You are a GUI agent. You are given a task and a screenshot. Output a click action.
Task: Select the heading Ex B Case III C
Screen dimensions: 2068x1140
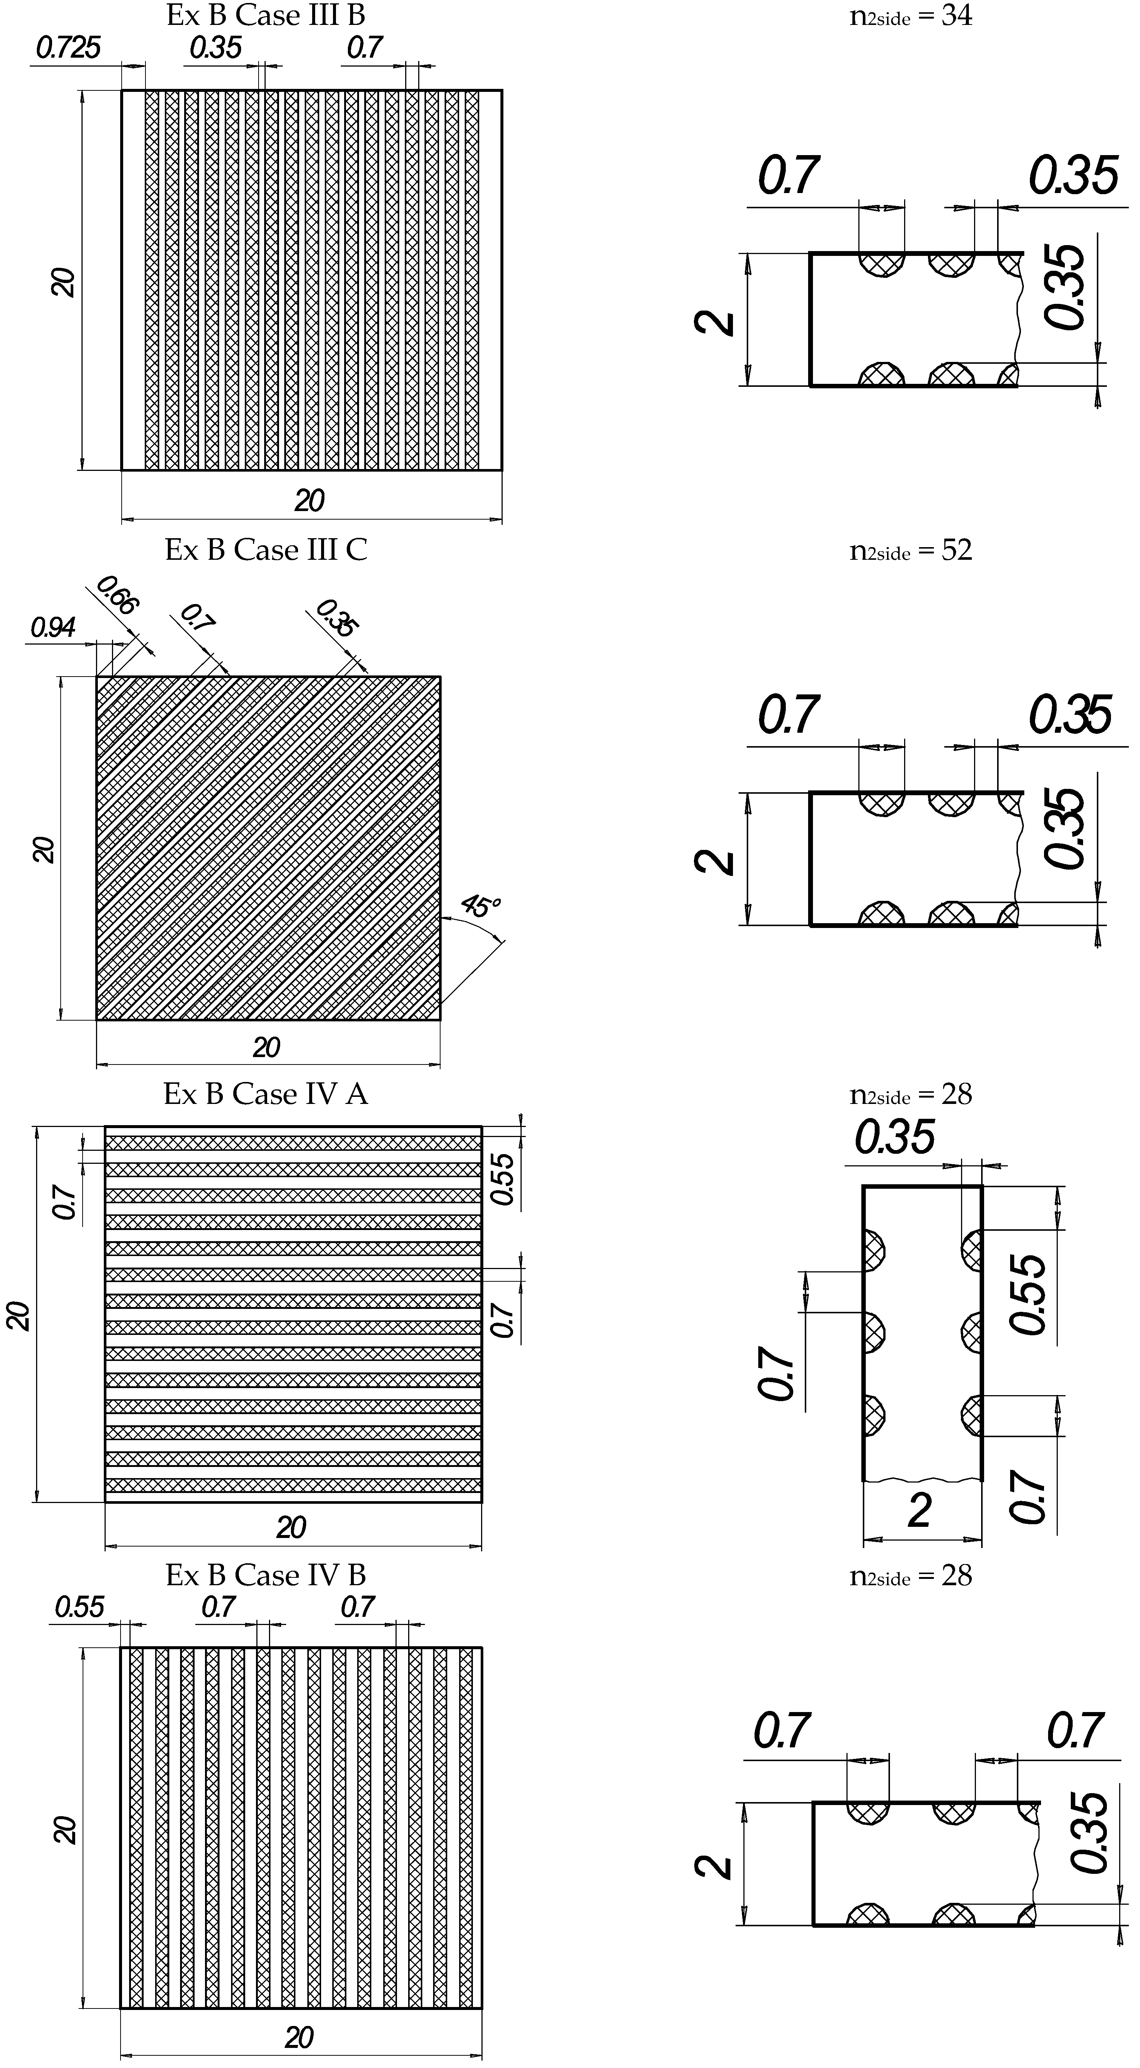pos(266,550)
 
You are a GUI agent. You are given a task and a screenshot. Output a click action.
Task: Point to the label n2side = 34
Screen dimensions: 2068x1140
pos(910,16)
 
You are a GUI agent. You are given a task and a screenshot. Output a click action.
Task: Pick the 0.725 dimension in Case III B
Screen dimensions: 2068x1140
pos(68,48)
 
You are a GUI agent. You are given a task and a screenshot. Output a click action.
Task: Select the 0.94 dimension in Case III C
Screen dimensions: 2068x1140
pos(53,628)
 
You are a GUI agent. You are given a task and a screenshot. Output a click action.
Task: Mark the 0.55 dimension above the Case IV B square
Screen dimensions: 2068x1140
pos(80,1607)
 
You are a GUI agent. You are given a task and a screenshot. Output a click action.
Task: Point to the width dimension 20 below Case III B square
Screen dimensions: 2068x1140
pos(309,501)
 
